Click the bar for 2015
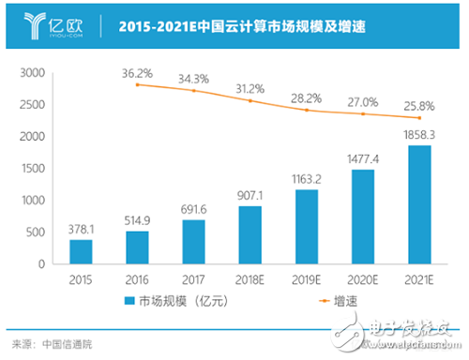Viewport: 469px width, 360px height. coord(80,251)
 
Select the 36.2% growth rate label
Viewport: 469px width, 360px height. coord(137,70)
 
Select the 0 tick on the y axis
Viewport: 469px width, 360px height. coord(41,264)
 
